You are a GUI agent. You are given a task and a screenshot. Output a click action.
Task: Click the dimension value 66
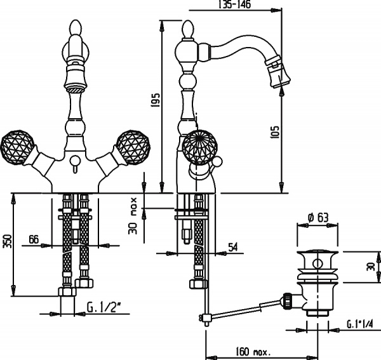pyautogui.click(x=34, y=239)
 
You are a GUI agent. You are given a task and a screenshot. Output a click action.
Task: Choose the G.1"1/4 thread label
pyautogui.click(x=360, y=325)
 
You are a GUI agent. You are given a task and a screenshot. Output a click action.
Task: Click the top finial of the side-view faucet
pyautogui.click(x=189, y=29)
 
